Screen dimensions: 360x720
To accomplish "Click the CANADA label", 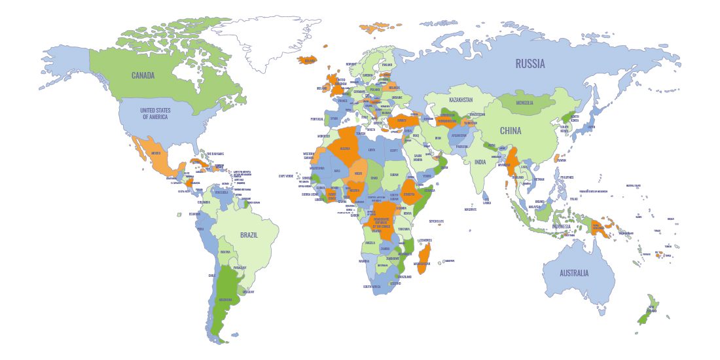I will (x=143, y=75).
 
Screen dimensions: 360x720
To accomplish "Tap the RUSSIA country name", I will (x=530, y=63).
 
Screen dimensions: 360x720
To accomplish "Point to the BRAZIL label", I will (x=248, y=235).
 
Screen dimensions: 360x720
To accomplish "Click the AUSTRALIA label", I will (x=573, y=273).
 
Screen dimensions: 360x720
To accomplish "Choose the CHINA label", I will (x=511, y=131).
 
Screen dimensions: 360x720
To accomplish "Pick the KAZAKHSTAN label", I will (x=461, y=100).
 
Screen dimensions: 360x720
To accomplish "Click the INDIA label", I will (x=480, y=162).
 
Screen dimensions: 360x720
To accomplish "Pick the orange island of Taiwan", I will (x=560, y=158).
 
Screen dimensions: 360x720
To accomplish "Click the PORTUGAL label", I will (x=317, y=119).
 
